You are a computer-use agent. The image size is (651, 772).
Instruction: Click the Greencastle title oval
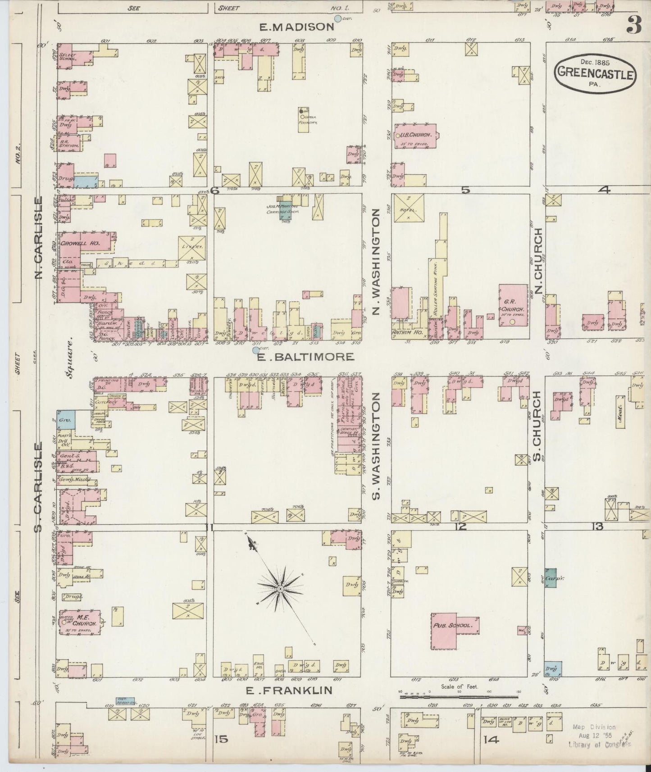[596, 75]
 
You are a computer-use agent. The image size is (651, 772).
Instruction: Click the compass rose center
[280, 589]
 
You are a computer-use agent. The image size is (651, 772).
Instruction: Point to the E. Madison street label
[296, 27]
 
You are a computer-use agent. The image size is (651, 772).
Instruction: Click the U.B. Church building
[415, 135]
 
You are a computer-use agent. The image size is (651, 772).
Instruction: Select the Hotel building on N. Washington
[408, 208]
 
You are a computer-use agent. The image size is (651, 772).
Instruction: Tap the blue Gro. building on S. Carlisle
[66, 419]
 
